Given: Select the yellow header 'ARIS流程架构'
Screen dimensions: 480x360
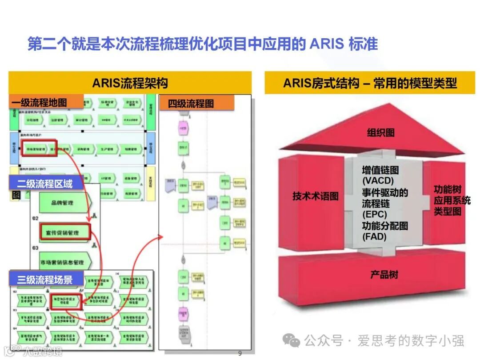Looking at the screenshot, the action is coord(130,83).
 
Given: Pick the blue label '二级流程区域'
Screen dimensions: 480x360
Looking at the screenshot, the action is coord(44,183).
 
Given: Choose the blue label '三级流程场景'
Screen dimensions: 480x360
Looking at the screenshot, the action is coord(44,279).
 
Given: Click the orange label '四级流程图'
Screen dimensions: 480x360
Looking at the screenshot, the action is coord(191,104).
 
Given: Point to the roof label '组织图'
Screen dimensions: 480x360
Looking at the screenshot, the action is coord(380,132).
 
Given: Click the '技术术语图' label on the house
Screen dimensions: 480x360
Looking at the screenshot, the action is coord(316,196).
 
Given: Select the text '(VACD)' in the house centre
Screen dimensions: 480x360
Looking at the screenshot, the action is coord(378,181).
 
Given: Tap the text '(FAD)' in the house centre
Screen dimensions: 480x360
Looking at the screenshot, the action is coord(374,237).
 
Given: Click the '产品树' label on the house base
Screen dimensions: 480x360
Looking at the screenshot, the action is coord(384,275).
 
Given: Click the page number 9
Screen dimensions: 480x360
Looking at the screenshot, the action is coord(240,354).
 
